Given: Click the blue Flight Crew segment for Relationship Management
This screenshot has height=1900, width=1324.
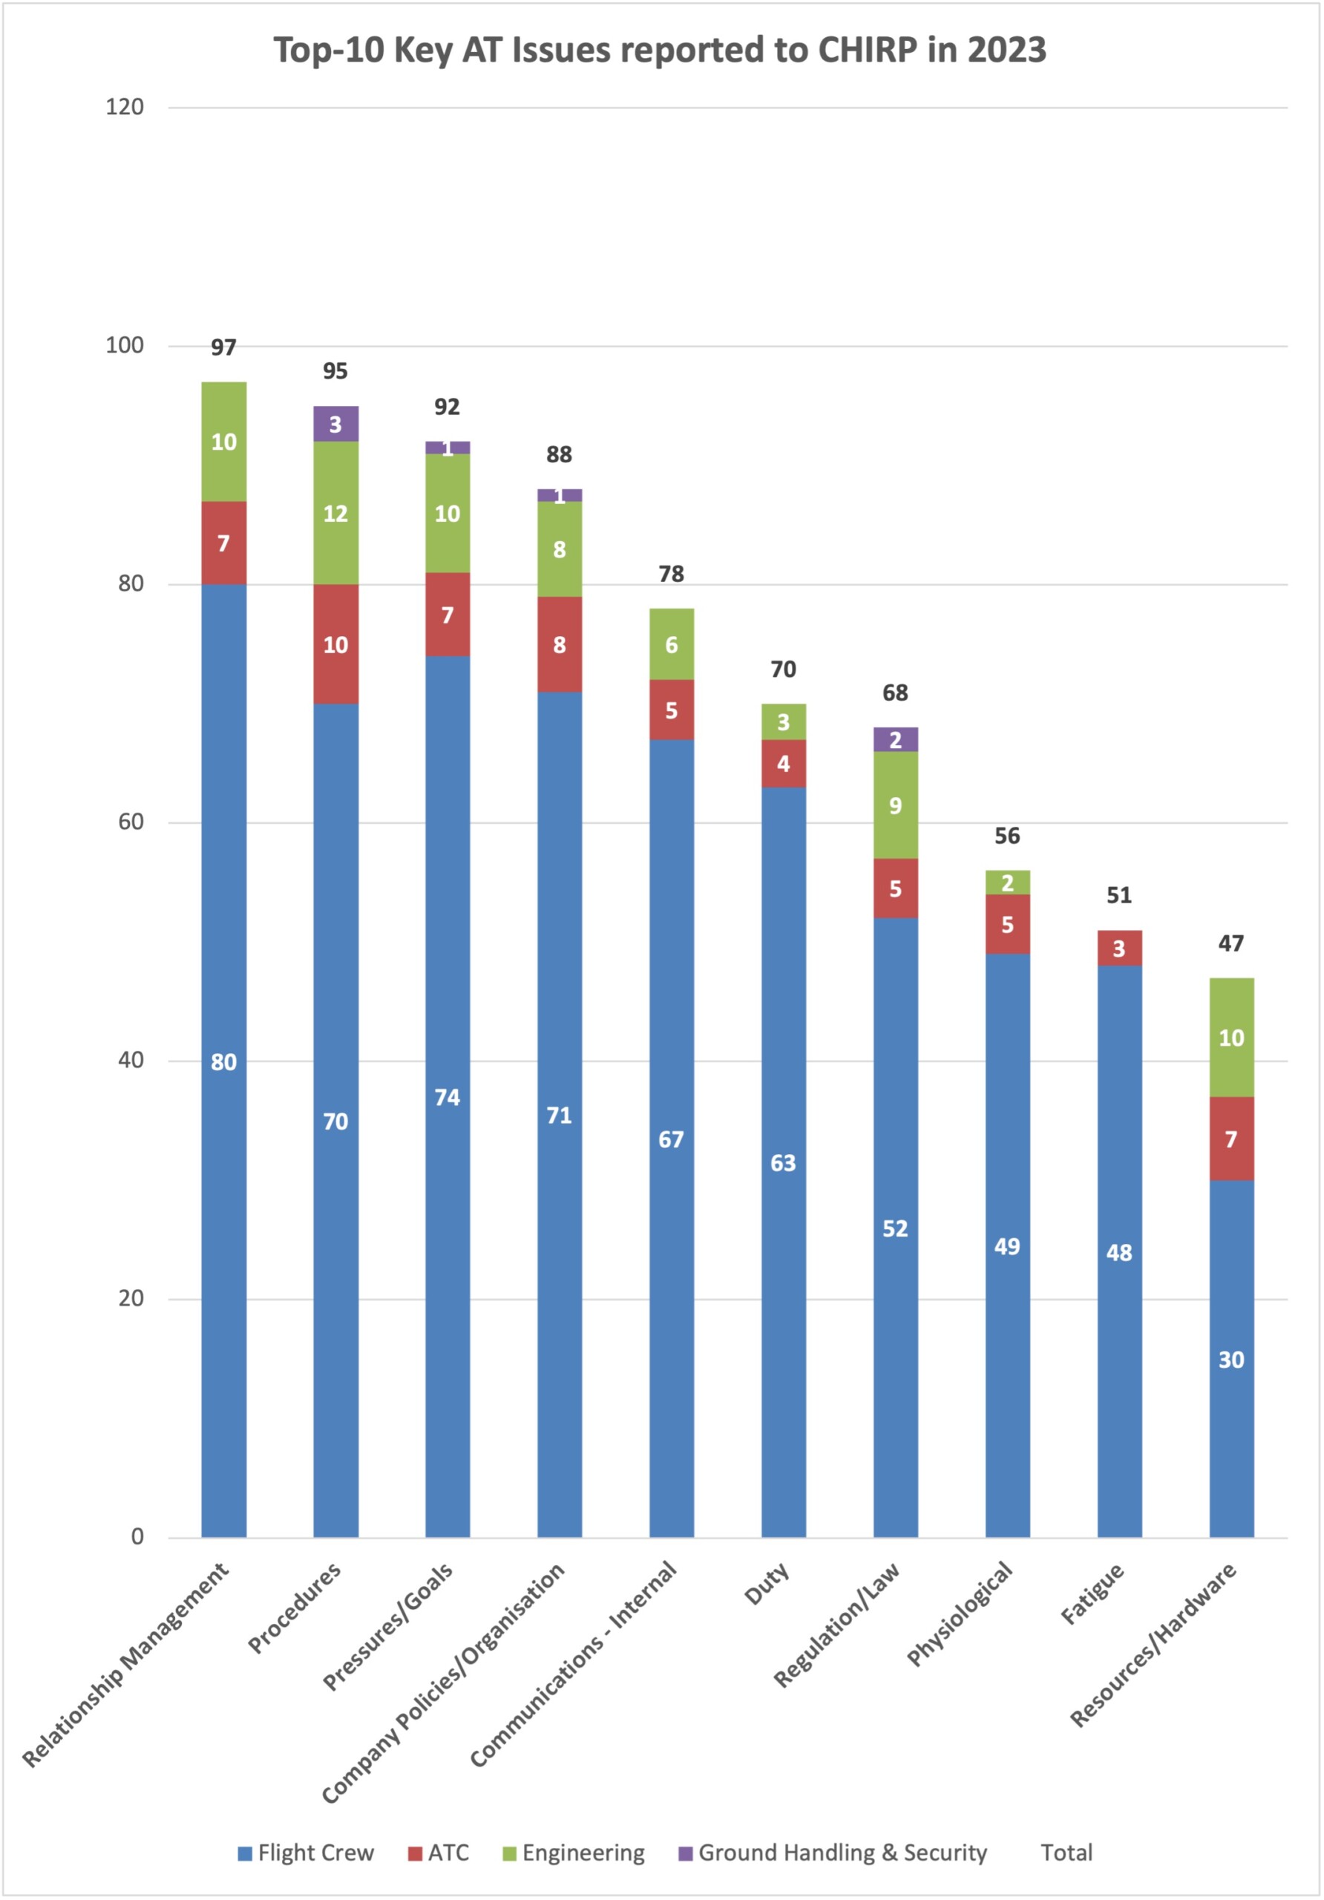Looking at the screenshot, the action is (223, 1060).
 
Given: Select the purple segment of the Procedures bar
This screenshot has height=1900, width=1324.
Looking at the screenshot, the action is (335, 424).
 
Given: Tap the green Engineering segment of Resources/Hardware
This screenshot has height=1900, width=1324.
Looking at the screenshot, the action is (1231, 1037).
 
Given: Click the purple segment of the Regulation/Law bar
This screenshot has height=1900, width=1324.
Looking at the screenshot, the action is (895, 739).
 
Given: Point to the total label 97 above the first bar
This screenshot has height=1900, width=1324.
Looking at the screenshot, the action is (223, 347).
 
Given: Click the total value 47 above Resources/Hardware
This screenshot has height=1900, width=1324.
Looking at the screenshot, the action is (1231, 943).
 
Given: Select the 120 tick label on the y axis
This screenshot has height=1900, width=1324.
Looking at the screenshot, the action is (125, 107).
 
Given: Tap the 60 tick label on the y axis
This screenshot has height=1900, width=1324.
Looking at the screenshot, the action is (131, 822).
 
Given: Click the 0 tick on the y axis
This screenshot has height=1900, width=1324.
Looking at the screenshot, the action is (137, 1537).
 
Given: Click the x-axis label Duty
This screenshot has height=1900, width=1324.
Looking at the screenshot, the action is (767, 1583).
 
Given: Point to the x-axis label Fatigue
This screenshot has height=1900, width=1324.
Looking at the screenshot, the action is (1092, 1593).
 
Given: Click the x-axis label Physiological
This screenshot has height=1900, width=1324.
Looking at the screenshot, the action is (960, 1614).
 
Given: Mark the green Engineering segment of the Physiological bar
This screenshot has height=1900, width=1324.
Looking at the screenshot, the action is (1007, 882).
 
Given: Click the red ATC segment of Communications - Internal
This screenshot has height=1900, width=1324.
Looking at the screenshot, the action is (671, 710).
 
